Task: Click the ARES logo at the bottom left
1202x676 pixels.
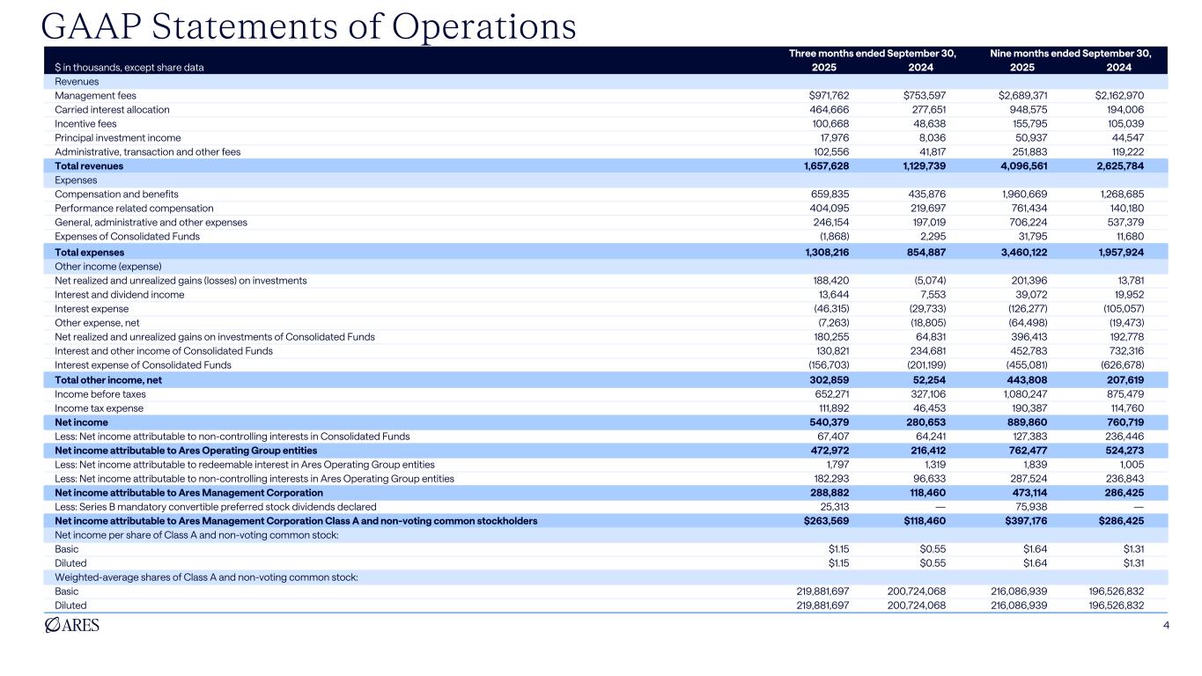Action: [x=71, y=626]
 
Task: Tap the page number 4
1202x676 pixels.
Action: [x=1165, y=626]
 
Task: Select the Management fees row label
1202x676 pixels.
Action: [x=95, y=95]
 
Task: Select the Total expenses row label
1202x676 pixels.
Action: [x=89, y=252]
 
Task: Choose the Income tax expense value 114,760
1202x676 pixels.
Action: [x=1128, y=408]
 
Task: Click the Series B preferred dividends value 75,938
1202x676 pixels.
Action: [x=1029, y=506]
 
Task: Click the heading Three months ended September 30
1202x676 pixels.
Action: [x=872, y=54]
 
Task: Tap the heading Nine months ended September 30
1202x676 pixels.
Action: [x=1071, y=54]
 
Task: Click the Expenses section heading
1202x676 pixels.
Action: [x=76, y=180]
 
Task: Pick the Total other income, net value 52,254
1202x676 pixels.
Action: [x=928, y=379]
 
